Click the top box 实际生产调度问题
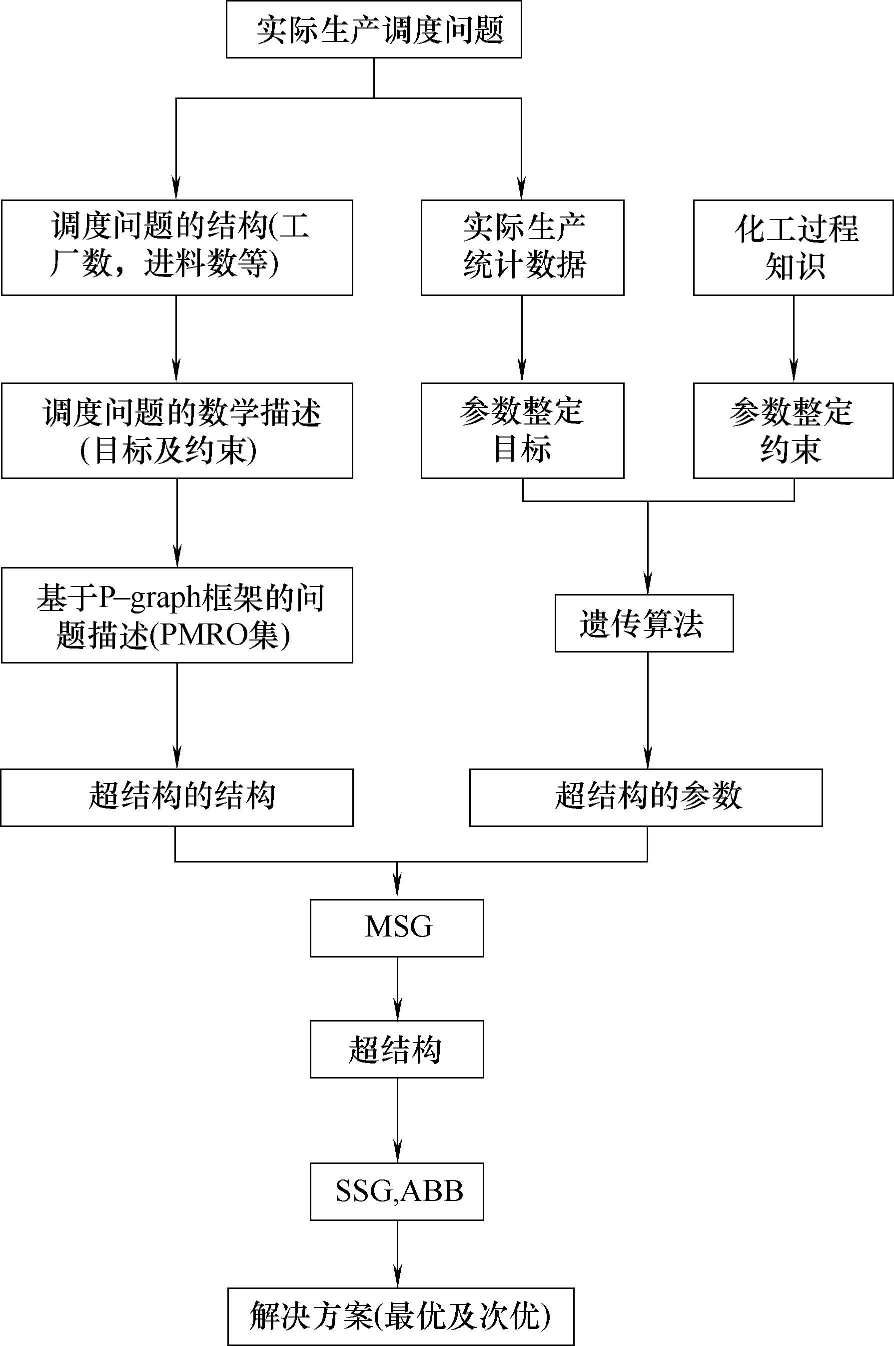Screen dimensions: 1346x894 [374, 29]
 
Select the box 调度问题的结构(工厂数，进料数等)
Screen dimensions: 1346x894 [177, 247]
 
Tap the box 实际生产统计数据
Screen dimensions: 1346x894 [522, 247]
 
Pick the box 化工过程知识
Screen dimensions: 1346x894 [793, 247]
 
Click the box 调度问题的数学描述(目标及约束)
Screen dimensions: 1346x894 [177, 430]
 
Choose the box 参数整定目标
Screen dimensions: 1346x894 [522, 430]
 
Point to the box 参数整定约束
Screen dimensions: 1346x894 [793, 430]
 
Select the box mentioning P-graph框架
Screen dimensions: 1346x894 [177, 615]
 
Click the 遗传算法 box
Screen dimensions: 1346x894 [644, 623]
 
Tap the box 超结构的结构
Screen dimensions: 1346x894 [177, 797]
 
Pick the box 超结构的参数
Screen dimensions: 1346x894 [646, 797]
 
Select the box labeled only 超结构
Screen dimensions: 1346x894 [397, 1049]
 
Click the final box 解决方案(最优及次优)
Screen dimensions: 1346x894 [401, 1316]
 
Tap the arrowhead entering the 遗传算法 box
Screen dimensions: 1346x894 [648, 583]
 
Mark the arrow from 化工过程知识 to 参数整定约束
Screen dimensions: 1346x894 [794, 339]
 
